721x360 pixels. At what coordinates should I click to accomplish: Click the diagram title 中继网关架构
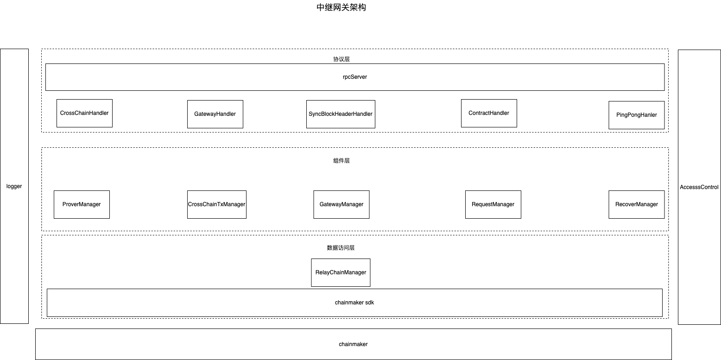tap(341, 7)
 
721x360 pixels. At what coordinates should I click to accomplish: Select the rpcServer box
tap(354, 77)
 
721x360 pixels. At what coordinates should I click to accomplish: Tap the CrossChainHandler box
tap(84, 113)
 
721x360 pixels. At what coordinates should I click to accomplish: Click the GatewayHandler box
tap(215, 114)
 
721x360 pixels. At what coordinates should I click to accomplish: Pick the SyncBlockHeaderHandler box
tap(341, 114)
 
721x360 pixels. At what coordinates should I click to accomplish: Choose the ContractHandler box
tap(489, 113)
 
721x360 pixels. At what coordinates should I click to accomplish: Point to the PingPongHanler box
tap(636, 115)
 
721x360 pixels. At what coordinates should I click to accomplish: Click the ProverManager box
tap(82, 204)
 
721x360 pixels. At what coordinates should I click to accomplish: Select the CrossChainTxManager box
tap(216, 204)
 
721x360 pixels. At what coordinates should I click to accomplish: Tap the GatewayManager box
tap(342, 204)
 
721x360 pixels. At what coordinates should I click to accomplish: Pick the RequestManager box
tap(493, 204)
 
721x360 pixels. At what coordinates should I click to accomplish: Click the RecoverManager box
tap(636, 204)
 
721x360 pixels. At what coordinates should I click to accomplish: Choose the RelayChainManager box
tap(341, 272)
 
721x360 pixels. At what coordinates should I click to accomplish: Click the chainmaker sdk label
tap(354, 303)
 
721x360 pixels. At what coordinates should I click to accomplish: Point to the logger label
tap(14, 186)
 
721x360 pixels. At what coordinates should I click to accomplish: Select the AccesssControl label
tap(699, 187)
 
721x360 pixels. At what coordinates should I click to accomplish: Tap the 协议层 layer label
tap(342, 59)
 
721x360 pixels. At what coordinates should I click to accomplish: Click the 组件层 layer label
tap(342, 161)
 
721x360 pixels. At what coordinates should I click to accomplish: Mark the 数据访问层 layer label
tap(341, 248)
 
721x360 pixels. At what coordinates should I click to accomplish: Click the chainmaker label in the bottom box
tap(353, 344)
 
